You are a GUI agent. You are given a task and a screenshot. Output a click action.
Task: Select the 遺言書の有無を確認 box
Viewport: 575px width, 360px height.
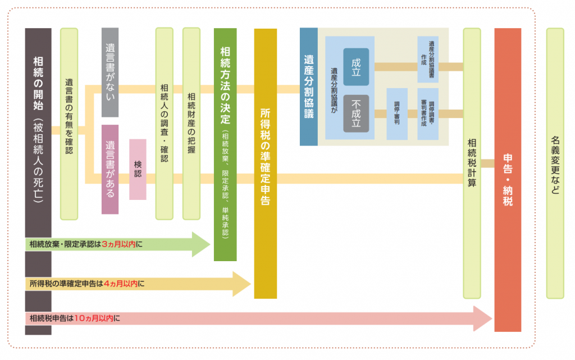[69, 124]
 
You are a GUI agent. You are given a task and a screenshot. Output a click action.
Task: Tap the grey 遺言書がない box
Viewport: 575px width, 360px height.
[110, 72]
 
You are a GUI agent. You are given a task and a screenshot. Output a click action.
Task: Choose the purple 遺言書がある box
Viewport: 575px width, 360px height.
[110, 169]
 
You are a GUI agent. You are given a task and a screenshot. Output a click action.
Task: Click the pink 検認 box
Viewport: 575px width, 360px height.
[138, 169]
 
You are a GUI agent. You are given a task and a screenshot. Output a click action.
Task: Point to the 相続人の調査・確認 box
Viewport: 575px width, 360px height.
[164, 124]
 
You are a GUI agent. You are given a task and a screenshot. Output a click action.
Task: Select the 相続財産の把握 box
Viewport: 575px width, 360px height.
[191, 124]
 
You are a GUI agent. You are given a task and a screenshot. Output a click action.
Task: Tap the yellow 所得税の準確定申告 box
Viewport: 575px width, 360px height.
[266, 163]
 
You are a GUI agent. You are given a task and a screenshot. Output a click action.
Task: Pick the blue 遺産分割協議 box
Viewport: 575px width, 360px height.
[308, 87]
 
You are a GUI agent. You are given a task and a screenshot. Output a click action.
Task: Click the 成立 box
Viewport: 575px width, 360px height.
[356, 67]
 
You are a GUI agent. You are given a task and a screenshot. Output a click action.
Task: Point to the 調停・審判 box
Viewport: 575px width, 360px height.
[397, 114]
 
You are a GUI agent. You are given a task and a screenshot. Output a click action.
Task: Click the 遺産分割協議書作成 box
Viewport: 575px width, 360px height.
[428, 60]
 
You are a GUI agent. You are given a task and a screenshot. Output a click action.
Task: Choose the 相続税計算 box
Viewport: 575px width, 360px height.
[472, 163]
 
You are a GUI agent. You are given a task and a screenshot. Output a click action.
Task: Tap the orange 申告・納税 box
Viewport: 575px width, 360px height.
[508, 180]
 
